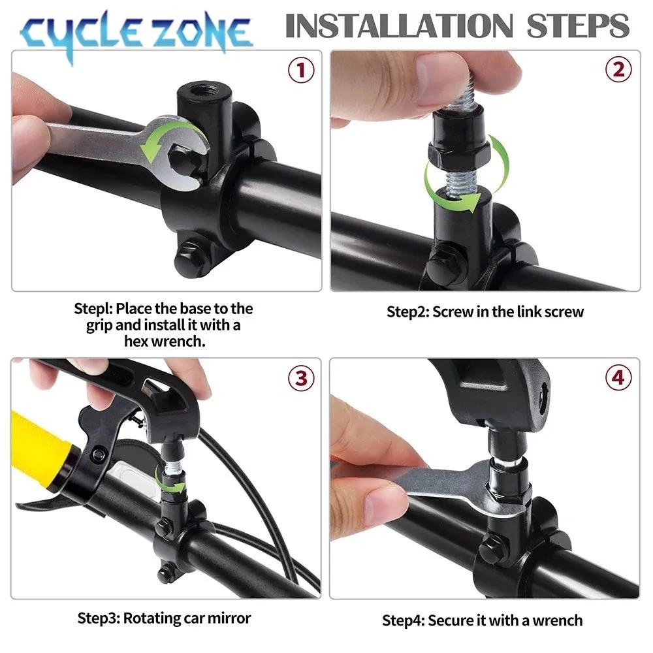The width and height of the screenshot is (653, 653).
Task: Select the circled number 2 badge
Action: pos(618,69)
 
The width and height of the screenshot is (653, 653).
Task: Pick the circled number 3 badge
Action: pos(300,378)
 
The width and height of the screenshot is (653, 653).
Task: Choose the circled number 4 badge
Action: pos(618,378)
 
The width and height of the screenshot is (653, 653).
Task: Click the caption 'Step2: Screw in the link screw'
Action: pos(485,311)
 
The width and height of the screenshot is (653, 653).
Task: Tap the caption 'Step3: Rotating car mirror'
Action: pos(164,617)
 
